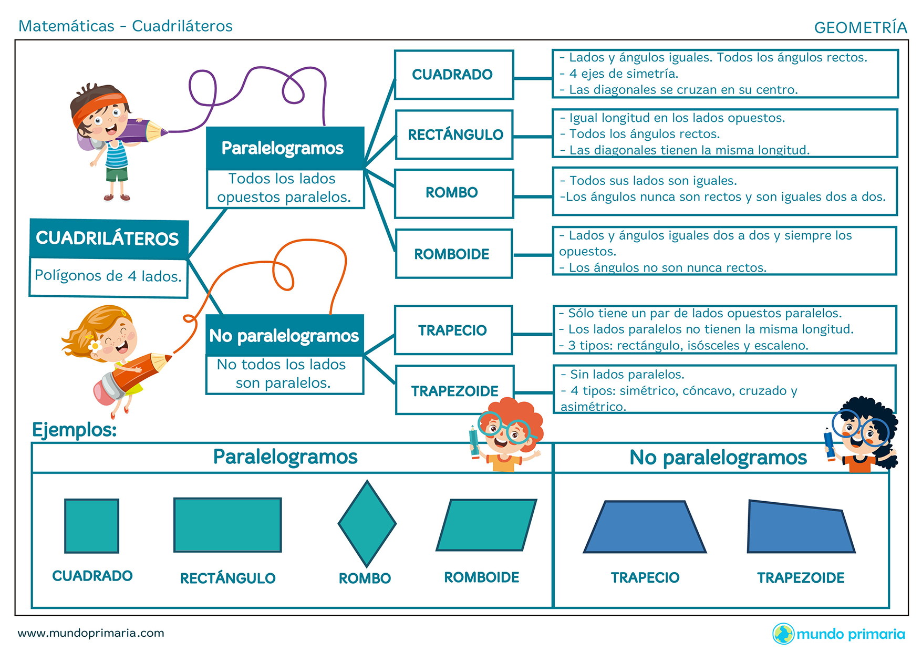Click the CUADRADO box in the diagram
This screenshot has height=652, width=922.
coord(453,75)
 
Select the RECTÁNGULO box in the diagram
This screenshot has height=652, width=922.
coord(454,134)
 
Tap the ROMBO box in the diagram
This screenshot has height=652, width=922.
coord(453,193)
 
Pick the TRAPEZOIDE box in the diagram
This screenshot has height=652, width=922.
coord(454,390)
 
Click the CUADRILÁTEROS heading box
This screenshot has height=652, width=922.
coord(108,239)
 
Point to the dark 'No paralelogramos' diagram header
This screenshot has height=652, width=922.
coord(284,335)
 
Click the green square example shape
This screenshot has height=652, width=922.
coord(91,525)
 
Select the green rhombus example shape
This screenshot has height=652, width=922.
coord(367,523)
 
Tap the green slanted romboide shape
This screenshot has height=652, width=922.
coord(486,524)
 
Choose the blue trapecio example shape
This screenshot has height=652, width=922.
coord(645,527)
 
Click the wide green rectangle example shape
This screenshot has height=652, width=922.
coord(227,524)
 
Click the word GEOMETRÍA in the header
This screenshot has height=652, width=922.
coord(860,27)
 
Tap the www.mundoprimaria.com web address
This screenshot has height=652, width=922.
coord(91,633)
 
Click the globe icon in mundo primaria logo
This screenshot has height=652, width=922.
coord(783,634)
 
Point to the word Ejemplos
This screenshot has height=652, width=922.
coord(75,430)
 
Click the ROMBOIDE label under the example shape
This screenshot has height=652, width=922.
coord(481,577)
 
